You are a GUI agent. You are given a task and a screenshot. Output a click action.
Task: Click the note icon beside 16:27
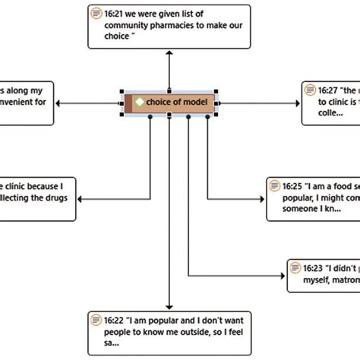(311, 90)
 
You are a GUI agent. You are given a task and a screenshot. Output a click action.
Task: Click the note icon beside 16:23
(294, 268)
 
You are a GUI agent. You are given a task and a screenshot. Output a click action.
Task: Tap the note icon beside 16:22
(96, 320)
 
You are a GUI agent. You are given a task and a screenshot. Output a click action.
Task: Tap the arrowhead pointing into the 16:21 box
(169, 55)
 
